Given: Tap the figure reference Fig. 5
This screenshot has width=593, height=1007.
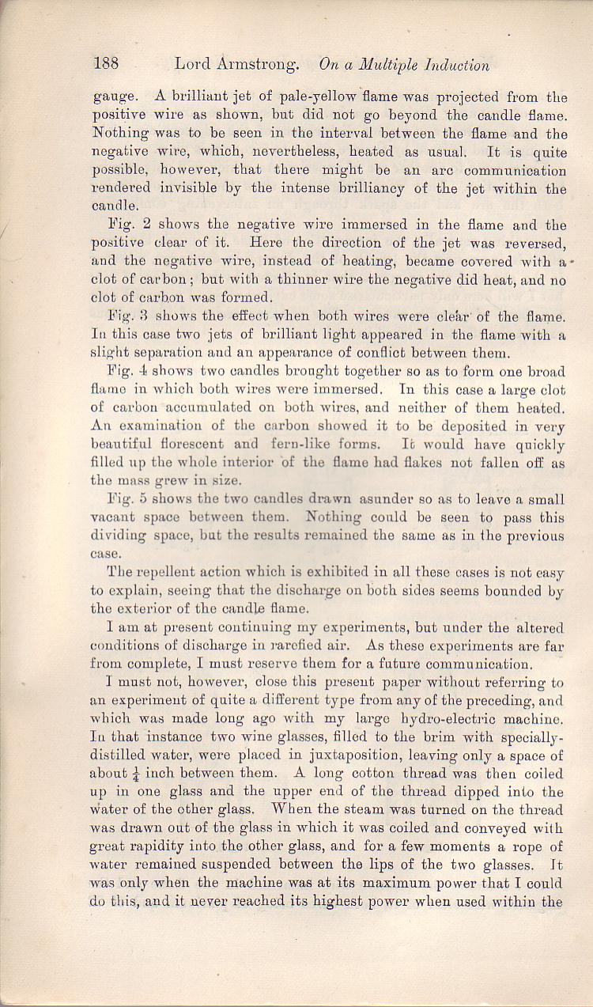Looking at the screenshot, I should tap(124, 499).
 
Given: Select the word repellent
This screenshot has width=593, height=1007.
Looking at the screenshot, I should tap(172, 573).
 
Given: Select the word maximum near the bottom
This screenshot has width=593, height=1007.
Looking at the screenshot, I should tap(406, 884).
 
